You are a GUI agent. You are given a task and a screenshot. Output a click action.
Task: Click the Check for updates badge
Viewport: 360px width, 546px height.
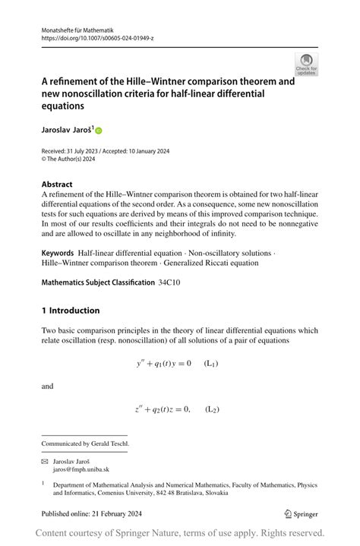coord(306,64)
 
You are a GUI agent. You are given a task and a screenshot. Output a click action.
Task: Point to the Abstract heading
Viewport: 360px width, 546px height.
coord(57,184)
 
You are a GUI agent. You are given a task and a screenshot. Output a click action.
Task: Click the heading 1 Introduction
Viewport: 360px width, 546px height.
coord(70,311)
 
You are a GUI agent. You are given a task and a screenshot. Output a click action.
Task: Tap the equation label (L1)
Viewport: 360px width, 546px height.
coord(212,364)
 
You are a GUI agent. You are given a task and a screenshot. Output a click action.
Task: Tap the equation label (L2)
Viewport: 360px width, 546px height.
coord(212,410)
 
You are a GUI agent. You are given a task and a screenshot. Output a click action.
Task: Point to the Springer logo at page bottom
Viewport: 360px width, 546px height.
coord(302,513)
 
